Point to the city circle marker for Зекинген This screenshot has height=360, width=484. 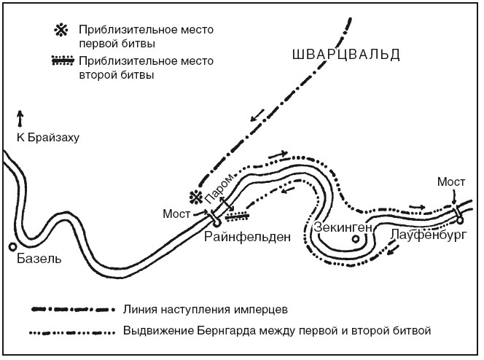(x=355, y=238)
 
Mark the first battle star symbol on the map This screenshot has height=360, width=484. (x=195, y=197)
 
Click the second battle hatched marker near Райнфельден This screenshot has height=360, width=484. (x=238, y=215)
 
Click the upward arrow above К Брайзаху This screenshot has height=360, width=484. (x=20, y=119)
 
